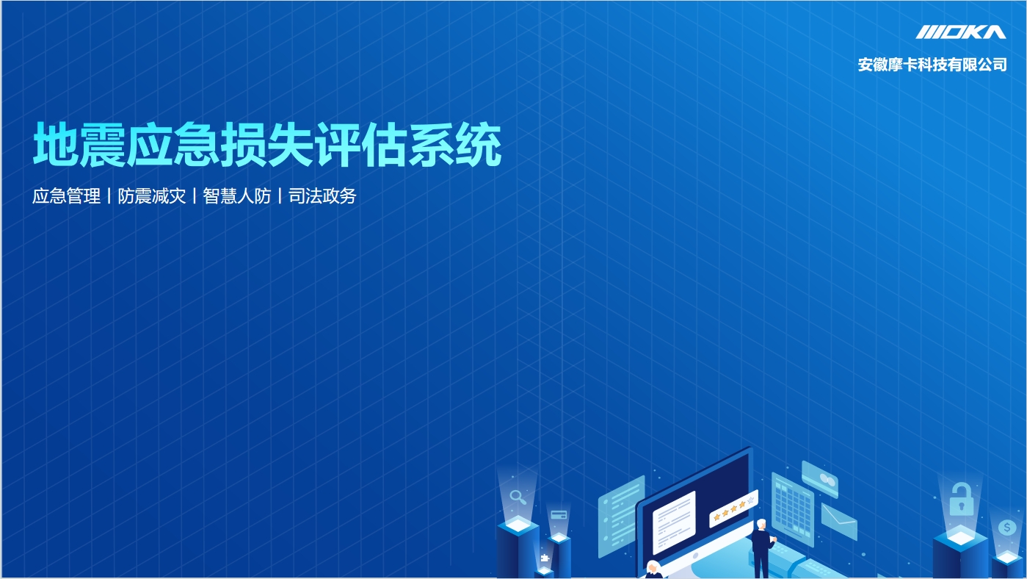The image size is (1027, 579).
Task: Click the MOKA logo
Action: coord(961,32)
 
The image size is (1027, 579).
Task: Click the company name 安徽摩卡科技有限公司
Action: coord(932,65)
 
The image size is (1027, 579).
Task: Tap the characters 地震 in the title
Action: coord(79,145)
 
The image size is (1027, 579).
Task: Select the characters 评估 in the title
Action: coord(361,145)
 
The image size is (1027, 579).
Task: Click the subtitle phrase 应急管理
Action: coord(67,196)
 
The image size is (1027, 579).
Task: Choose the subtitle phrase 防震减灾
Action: coord(152,196)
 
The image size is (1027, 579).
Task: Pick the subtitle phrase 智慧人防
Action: coord(237,196)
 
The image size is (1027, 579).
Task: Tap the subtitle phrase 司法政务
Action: coord(322,196)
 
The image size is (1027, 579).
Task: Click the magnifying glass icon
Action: coord(518,497)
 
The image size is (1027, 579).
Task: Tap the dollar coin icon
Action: coord(1007,528)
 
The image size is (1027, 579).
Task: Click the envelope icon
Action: coord(839,522)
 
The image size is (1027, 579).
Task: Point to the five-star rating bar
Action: coord(733,508)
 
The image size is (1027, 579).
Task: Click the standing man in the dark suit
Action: coord(762,548)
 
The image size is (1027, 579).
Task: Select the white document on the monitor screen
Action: coord(674,522)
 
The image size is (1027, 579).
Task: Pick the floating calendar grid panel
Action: coord(793,509)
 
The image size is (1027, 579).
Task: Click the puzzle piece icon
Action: coord(545,558)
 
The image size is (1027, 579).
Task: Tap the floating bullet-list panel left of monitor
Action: coord(621,516)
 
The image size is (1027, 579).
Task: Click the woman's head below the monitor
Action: coord(652,568)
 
